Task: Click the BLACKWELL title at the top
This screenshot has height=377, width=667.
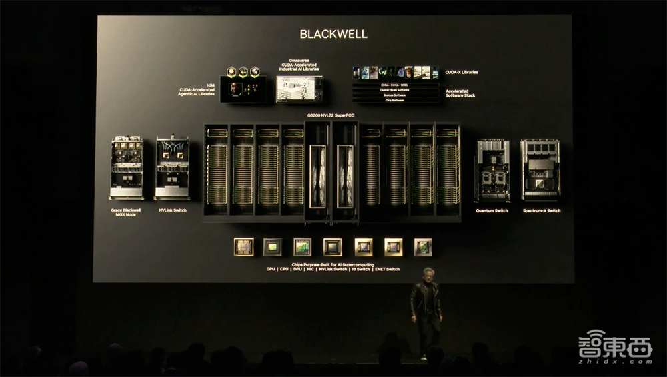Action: point(333,34)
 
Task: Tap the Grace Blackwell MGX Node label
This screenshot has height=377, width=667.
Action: point(126,212)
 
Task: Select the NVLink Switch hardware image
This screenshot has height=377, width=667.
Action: point(172,168)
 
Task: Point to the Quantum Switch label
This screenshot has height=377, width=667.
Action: point(492,210)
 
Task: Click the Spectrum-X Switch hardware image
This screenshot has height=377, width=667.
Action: point(540,169)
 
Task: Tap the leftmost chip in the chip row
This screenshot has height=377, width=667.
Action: point(243,247)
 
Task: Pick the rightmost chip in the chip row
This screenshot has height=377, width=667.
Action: point(423,247)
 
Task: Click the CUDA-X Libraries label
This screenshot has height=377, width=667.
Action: point(461,72)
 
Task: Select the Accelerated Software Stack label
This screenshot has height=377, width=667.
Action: point(457,93)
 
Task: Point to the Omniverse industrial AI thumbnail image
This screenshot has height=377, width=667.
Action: point(299,89)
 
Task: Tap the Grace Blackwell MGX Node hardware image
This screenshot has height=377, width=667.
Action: point(126,168)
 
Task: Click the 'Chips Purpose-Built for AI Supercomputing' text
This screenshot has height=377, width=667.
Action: point(333,264)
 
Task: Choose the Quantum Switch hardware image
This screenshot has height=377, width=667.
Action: point(492,169)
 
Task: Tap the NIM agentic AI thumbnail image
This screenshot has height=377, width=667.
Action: point(243,89)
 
